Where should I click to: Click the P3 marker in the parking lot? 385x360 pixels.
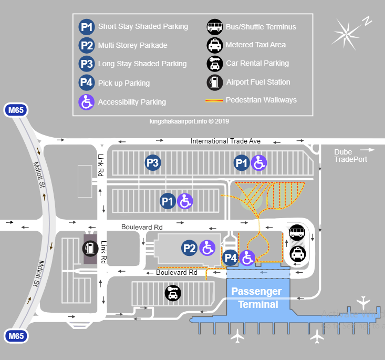coord(152,163)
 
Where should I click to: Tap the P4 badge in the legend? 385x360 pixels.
coord(87,83)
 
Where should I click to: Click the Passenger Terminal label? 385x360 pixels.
coord(257,298)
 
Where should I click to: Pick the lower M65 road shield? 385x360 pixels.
coord(16,335)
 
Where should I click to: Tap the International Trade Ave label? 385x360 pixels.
coord(225,141)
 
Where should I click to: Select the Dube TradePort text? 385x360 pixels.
coord(350,156)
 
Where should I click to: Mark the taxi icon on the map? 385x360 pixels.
coord(297,254)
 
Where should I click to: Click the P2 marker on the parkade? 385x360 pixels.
coord(190,248)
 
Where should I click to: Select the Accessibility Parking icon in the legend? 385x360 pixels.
coord(87,101)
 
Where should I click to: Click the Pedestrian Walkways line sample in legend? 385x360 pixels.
coord(214,100)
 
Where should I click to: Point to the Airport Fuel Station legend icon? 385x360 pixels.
coord(214,82)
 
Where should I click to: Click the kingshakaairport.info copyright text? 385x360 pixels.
coord(189,121)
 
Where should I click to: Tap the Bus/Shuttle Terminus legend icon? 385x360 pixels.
coord(214,27)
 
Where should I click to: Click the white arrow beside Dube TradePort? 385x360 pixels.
coord(368,150)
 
